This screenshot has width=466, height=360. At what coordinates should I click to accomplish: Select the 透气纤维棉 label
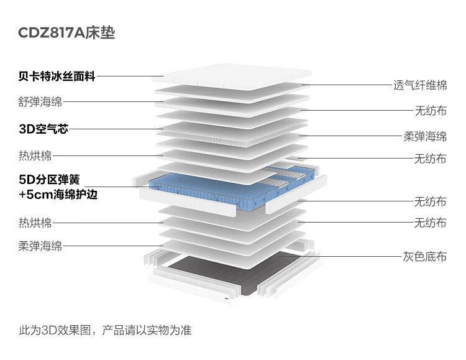point(420,85)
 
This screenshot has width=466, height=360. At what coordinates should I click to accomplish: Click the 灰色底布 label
point(425,256)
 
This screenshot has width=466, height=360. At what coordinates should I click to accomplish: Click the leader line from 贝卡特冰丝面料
point(130,76)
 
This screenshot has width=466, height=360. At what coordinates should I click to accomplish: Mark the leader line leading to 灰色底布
point(348,256)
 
